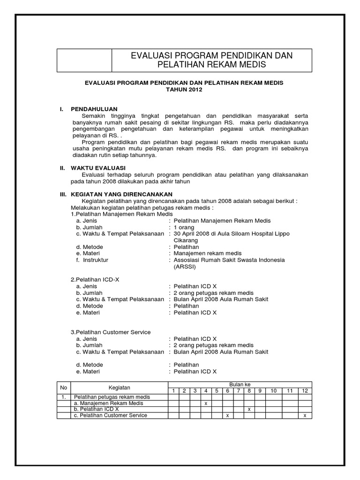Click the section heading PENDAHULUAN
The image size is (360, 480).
[94, 109]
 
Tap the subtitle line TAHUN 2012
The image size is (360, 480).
[184, 90]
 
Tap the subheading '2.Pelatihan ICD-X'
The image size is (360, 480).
[95, 279]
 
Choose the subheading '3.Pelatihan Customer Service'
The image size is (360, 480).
[111, 332]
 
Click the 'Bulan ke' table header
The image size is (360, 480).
[240, 384]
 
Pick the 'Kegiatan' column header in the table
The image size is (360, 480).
[119, 387]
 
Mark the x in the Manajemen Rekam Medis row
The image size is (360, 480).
[206, 403]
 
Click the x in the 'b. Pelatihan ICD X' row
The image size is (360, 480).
[249, 409]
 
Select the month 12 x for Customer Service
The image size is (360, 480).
[305, 415]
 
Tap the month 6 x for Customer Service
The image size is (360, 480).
[227, 415]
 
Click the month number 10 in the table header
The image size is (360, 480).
[274, 390]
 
